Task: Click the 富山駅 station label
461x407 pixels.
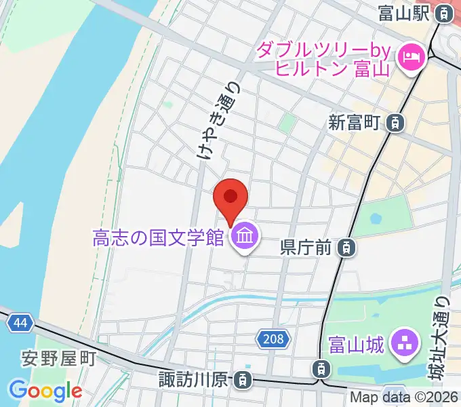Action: pos(405,13)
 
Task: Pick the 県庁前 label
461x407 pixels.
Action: pos(305,248)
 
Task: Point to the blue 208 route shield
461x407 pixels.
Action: pos(274,337)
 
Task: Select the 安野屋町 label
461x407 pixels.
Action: pos(59,358)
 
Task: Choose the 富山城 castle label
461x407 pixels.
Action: pos(356,344)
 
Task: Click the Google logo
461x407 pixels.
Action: pos(45,391)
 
